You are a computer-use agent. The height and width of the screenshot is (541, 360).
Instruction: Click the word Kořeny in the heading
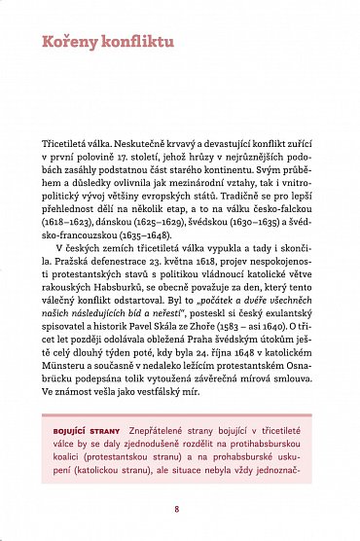tap(66, 43)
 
